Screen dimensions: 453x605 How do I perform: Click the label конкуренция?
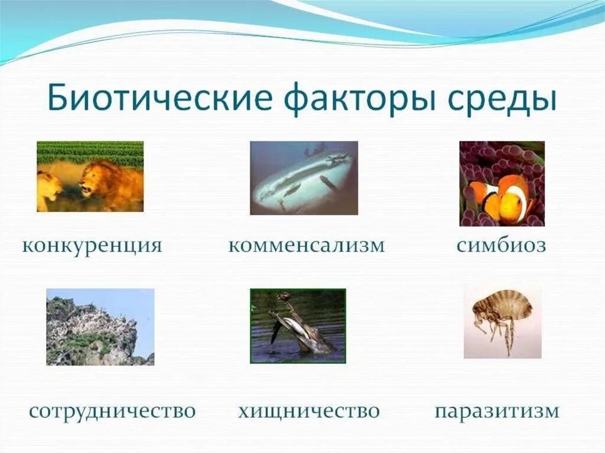[x=92, y=245]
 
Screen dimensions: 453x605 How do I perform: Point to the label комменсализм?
[x=306, y=245]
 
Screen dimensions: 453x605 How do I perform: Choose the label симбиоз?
[x=501, y=245]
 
